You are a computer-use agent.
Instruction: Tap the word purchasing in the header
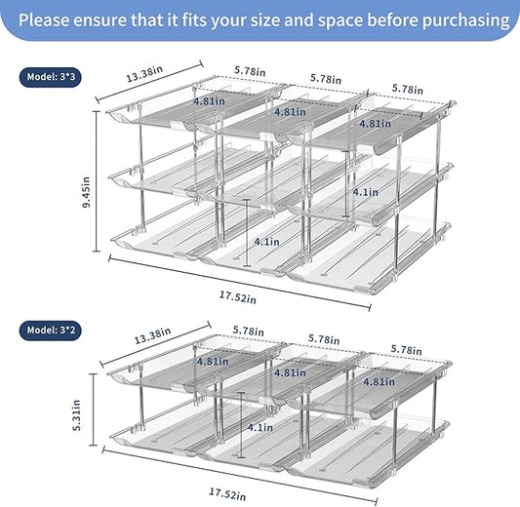[460, 19]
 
